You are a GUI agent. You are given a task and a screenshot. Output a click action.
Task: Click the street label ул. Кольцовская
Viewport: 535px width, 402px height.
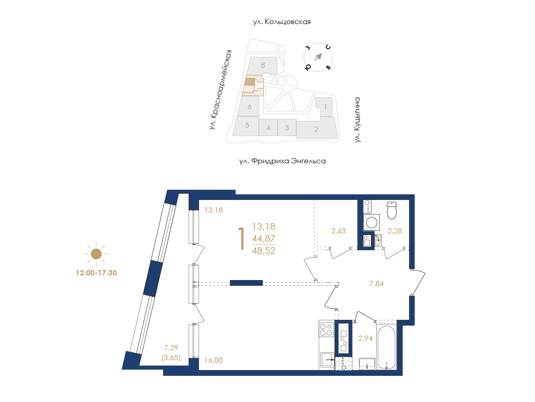pyautogui.click(x=282, y=22)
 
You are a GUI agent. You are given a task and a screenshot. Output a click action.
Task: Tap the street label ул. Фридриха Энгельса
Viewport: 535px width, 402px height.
pyautogui.click(x=283, y=161)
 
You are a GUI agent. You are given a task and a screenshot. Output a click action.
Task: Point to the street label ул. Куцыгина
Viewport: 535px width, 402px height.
pyautogui.click(x=357, y=120)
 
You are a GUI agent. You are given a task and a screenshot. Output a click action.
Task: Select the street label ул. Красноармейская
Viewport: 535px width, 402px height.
pyautogui.click(x=220, y=90)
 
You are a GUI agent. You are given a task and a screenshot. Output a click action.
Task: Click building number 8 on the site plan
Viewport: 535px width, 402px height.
pyautogui.click(x=263, y=64)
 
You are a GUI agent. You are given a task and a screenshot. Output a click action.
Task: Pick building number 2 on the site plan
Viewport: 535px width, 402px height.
pyautogui.click(x=316, y=129)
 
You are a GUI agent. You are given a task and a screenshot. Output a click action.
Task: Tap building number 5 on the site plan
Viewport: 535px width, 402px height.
pyautogui.click(x=247, y=125)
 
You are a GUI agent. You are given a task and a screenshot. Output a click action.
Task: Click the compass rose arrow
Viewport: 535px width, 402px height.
pyautogui.click(x=318, y=57)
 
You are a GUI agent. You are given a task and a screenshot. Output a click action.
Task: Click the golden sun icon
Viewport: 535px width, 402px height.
pyautogui.click(x=96, y=254)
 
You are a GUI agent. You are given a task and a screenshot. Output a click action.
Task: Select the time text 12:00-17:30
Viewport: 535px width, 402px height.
pyautogui.click(x=96, y=273)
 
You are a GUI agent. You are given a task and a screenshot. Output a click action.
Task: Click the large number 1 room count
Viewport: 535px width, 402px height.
pyautogui.click(x=241, y=239)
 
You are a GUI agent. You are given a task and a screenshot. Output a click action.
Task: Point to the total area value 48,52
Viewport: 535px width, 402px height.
pyautogui.click(x=264, y=251)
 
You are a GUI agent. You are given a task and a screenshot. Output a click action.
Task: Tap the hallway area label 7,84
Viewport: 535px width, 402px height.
pyautogui.click(x=376, y=284)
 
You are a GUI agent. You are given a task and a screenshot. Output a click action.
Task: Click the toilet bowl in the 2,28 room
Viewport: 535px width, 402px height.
pyautogui.click(x=392, y=210)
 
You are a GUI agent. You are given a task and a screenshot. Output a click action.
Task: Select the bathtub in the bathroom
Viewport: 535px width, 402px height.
pyautogui.click(x=386, y=348)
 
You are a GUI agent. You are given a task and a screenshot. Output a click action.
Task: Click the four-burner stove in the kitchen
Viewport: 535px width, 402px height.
pyautogui.click(x=326, y=330)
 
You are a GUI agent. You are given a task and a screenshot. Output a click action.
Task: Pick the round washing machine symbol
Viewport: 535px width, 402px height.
pyautogui.click(x=371, y=222)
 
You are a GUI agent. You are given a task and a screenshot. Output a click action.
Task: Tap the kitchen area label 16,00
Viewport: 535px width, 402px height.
pyautogui.click(x=214, y=360)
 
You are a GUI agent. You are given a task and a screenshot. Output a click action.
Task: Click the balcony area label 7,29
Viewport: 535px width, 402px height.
pyautogui.click(x=171, y=348)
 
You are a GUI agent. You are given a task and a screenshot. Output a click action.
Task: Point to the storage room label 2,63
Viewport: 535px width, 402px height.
pyautogui.click(x=339, y=231)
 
